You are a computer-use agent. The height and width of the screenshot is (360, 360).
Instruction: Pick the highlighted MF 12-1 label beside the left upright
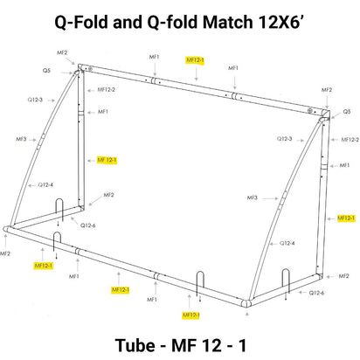[107, 160]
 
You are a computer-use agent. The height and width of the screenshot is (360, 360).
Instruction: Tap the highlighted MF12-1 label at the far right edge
[345, 217]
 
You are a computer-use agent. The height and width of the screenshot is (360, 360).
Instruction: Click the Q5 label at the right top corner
[346, 112]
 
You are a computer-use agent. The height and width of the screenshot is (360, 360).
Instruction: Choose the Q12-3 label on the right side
[285, 138]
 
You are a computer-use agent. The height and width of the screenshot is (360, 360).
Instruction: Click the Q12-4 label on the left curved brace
[45, 184]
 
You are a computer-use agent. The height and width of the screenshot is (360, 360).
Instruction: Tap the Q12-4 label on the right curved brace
[286, 243]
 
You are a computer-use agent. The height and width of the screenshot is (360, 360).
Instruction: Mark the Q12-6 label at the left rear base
[88, 225]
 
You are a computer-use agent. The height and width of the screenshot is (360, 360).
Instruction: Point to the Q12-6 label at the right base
[317, 293]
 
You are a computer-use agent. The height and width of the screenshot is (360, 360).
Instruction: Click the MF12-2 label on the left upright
[107, 89]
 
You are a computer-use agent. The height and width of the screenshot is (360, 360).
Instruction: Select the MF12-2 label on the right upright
[350, 139]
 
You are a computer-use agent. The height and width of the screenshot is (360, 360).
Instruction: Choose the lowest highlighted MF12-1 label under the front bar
[191, 315]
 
